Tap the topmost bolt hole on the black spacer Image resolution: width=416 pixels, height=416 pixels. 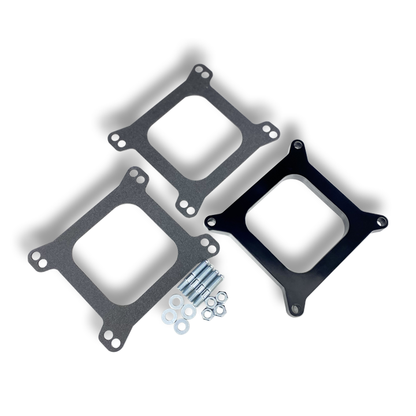(x=297, y=147)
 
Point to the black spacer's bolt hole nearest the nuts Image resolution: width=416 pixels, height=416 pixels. (x=212, y=220)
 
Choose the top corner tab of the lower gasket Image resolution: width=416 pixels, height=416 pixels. (x=137, y=175)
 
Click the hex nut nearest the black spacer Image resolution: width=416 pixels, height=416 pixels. (x=222, y=297)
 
